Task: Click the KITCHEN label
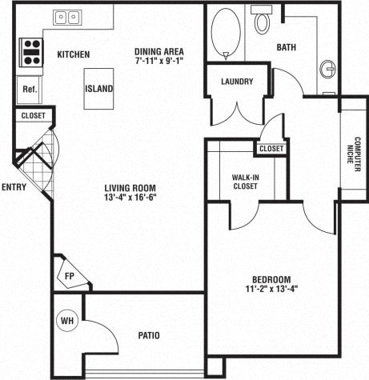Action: [x=73, y=54]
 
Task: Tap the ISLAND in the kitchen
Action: [x=98, y=89]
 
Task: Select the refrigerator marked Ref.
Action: [x=30, y=89]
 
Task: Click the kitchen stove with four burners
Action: [x=31, y=51]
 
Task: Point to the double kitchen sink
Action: [x=67, y=18]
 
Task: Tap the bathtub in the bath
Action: [x=225, y=32]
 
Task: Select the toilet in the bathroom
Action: [x=262, y=22]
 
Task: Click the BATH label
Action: [x=287, y=48]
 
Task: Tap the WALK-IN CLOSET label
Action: [x=244, y=181]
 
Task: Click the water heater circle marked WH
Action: [x=67, y=322]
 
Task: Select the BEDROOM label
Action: [x=271, y=279]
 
